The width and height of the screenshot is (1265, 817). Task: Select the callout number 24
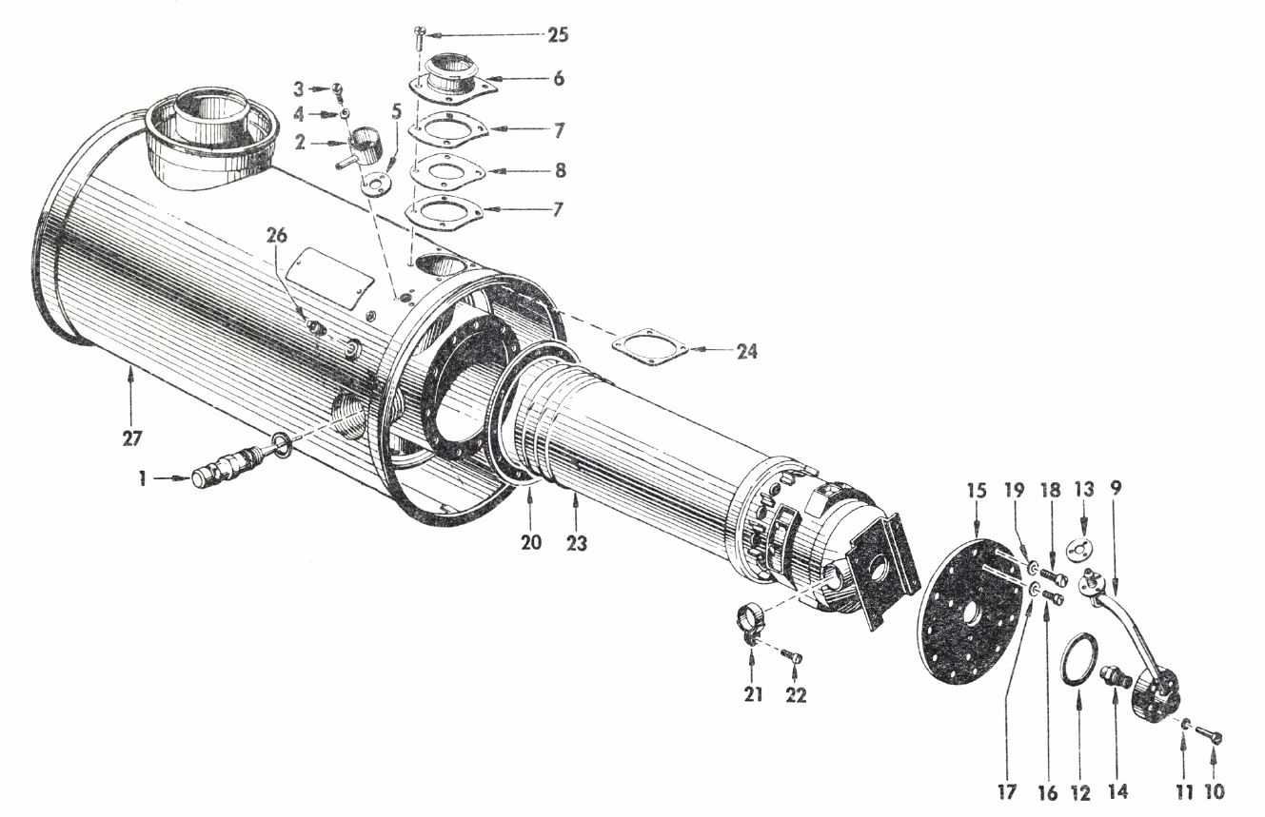tap(746, 351)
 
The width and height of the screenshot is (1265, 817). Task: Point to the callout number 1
tap(142, 479)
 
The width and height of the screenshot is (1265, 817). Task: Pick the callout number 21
tap(752, 695)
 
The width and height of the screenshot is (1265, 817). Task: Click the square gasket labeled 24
tap(650, 346)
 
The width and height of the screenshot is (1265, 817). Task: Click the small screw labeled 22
tap(792, 656)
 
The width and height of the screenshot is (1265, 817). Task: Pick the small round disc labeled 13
tap(1078, 551)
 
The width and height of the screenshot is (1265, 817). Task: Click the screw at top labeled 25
tap(420, 37)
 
